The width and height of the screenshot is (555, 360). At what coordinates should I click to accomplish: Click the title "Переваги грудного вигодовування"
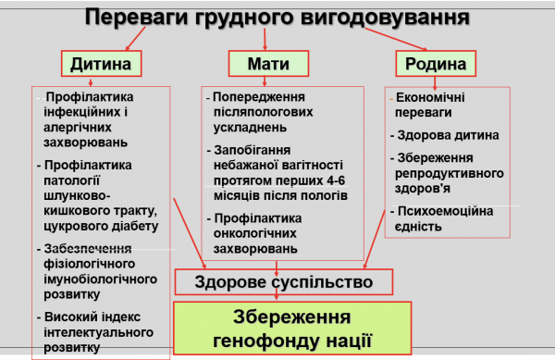277,16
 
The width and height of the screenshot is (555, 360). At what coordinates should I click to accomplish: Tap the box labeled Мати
266,63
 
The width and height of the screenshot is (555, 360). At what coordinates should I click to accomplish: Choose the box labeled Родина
436,63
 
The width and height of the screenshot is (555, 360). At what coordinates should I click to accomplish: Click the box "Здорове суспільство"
284,281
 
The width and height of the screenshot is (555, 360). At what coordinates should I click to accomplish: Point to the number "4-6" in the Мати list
327,180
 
